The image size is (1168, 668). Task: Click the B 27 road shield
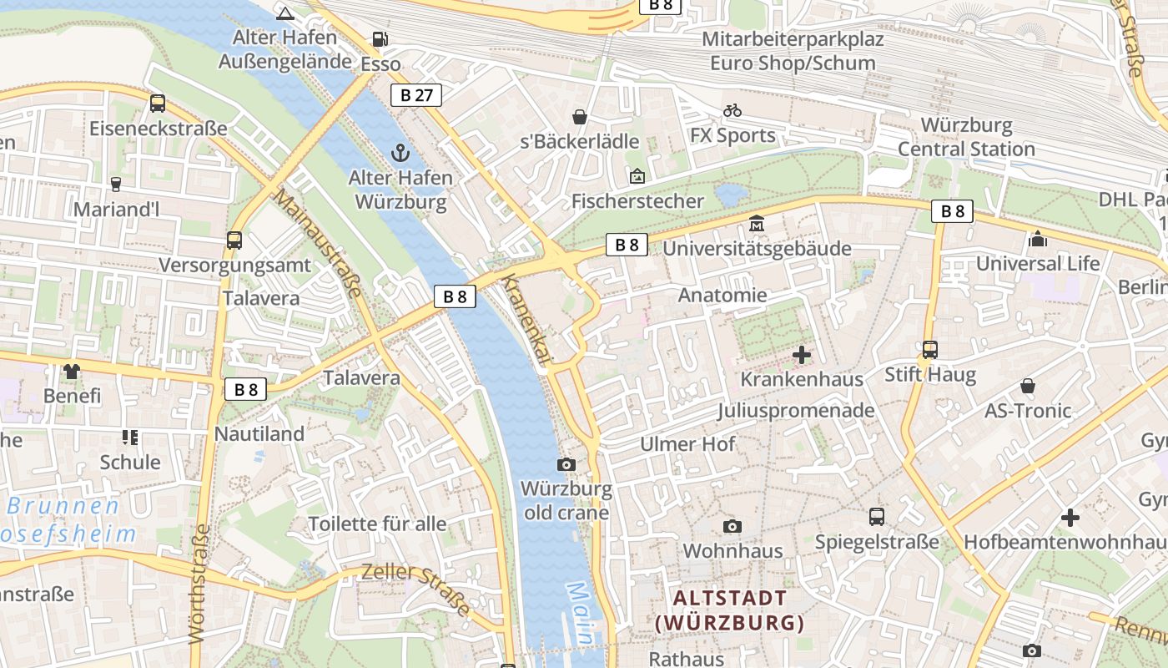(x=416, y=95)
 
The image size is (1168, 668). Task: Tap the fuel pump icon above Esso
(x=380, y=39)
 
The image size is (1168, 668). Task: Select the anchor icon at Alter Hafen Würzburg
(x=401, y=153)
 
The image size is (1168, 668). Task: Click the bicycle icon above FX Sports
(x=733, y=110)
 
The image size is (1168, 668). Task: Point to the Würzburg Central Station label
(x=966, y=138)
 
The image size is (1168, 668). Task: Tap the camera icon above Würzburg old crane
(x=566, y=464)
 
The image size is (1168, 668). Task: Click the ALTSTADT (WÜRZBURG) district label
(x=730, y=610)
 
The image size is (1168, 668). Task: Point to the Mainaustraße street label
(x=318, y=243)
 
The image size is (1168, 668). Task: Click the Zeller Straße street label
(x=416, y=590)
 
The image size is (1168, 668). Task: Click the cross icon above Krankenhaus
(x=802, y=355)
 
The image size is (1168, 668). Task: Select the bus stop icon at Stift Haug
(x=929, y=349)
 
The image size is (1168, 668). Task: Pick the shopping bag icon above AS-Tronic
(x=1028, y=386)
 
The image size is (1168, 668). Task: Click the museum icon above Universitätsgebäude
(x=757, y=224)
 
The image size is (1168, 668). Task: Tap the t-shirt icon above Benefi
(x=72, y=371)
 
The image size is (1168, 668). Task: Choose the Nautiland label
(x=259, y=433)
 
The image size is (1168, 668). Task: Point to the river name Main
(x=580, y=614)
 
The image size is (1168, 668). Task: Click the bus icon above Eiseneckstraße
(x=157, y=104)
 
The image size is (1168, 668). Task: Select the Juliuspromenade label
(x=796, y=410)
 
